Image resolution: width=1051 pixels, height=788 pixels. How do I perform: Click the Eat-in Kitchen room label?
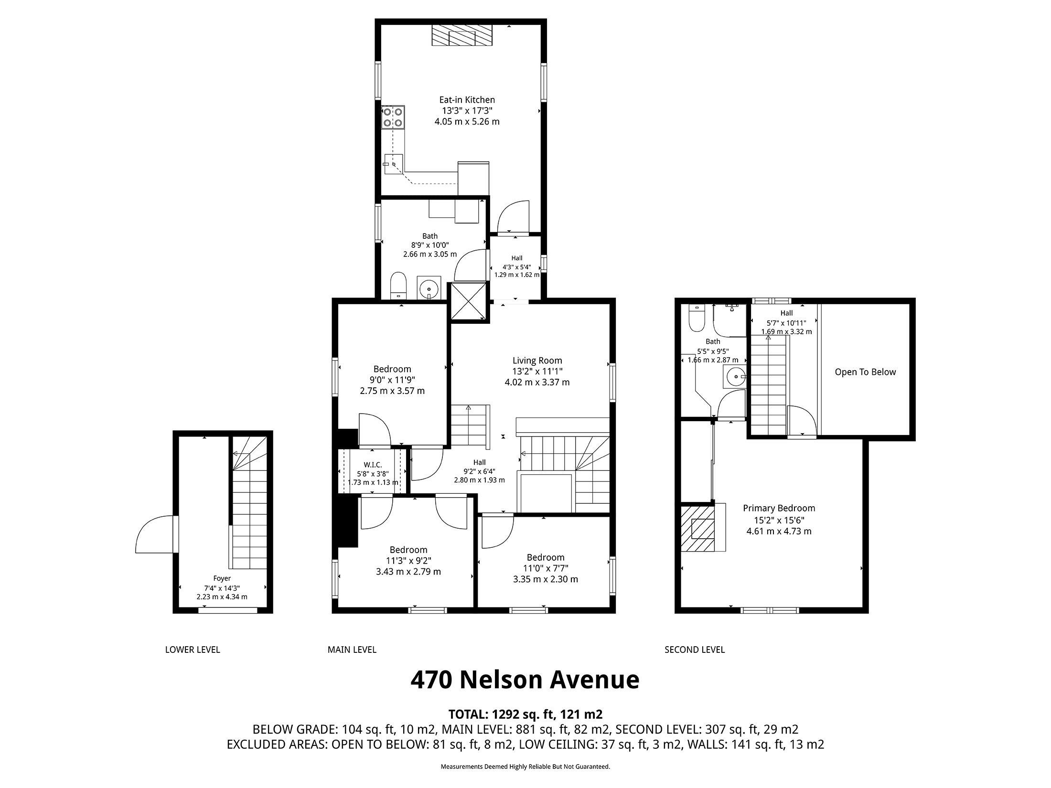click(x=467, y=100)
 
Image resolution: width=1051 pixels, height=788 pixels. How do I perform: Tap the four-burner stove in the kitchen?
click(x=393, y=117)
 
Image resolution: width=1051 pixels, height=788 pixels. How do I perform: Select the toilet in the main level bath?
click(x=398, y=286)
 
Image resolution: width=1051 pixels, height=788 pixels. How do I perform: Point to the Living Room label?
click(x=537, y=361)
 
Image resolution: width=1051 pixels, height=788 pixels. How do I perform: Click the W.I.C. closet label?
click(x=373, y=465)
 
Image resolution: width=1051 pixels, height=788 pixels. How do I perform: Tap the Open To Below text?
click(x=865, y=372)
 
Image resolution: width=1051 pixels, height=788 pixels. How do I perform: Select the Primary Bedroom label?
click(x=779, y=508)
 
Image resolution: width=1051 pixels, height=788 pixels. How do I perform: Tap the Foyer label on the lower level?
click(x=222, y=578)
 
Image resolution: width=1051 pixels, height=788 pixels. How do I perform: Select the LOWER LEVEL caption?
click(x=193, y=650)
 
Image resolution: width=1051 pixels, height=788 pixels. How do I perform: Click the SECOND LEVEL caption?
click(x=695, y=650)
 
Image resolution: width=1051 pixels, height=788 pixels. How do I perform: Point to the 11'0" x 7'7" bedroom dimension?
click(x=546, y=568)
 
